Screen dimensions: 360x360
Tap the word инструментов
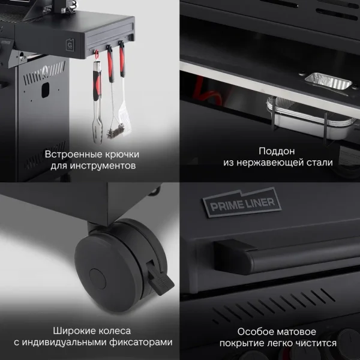[103, 166]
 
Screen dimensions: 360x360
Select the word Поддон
[277, 151]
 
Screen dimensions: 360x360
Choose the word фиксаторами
[141, 343]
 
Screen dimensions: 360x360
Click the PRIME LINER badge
[242, 203]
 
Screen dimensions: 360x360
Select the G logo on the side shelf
[70, 45]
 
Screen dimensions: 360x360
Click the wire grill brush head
[115, 131]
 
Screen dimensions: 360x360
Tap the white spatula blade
[125, 119]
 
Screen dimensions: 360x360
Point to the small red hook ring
[97, 53]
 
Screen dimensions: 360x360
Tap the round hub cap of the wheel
[98, 279]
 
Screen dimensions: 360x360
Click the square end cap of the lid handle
[233, 257]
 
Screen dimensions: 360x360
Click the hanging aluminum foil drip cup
[309, 119]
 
